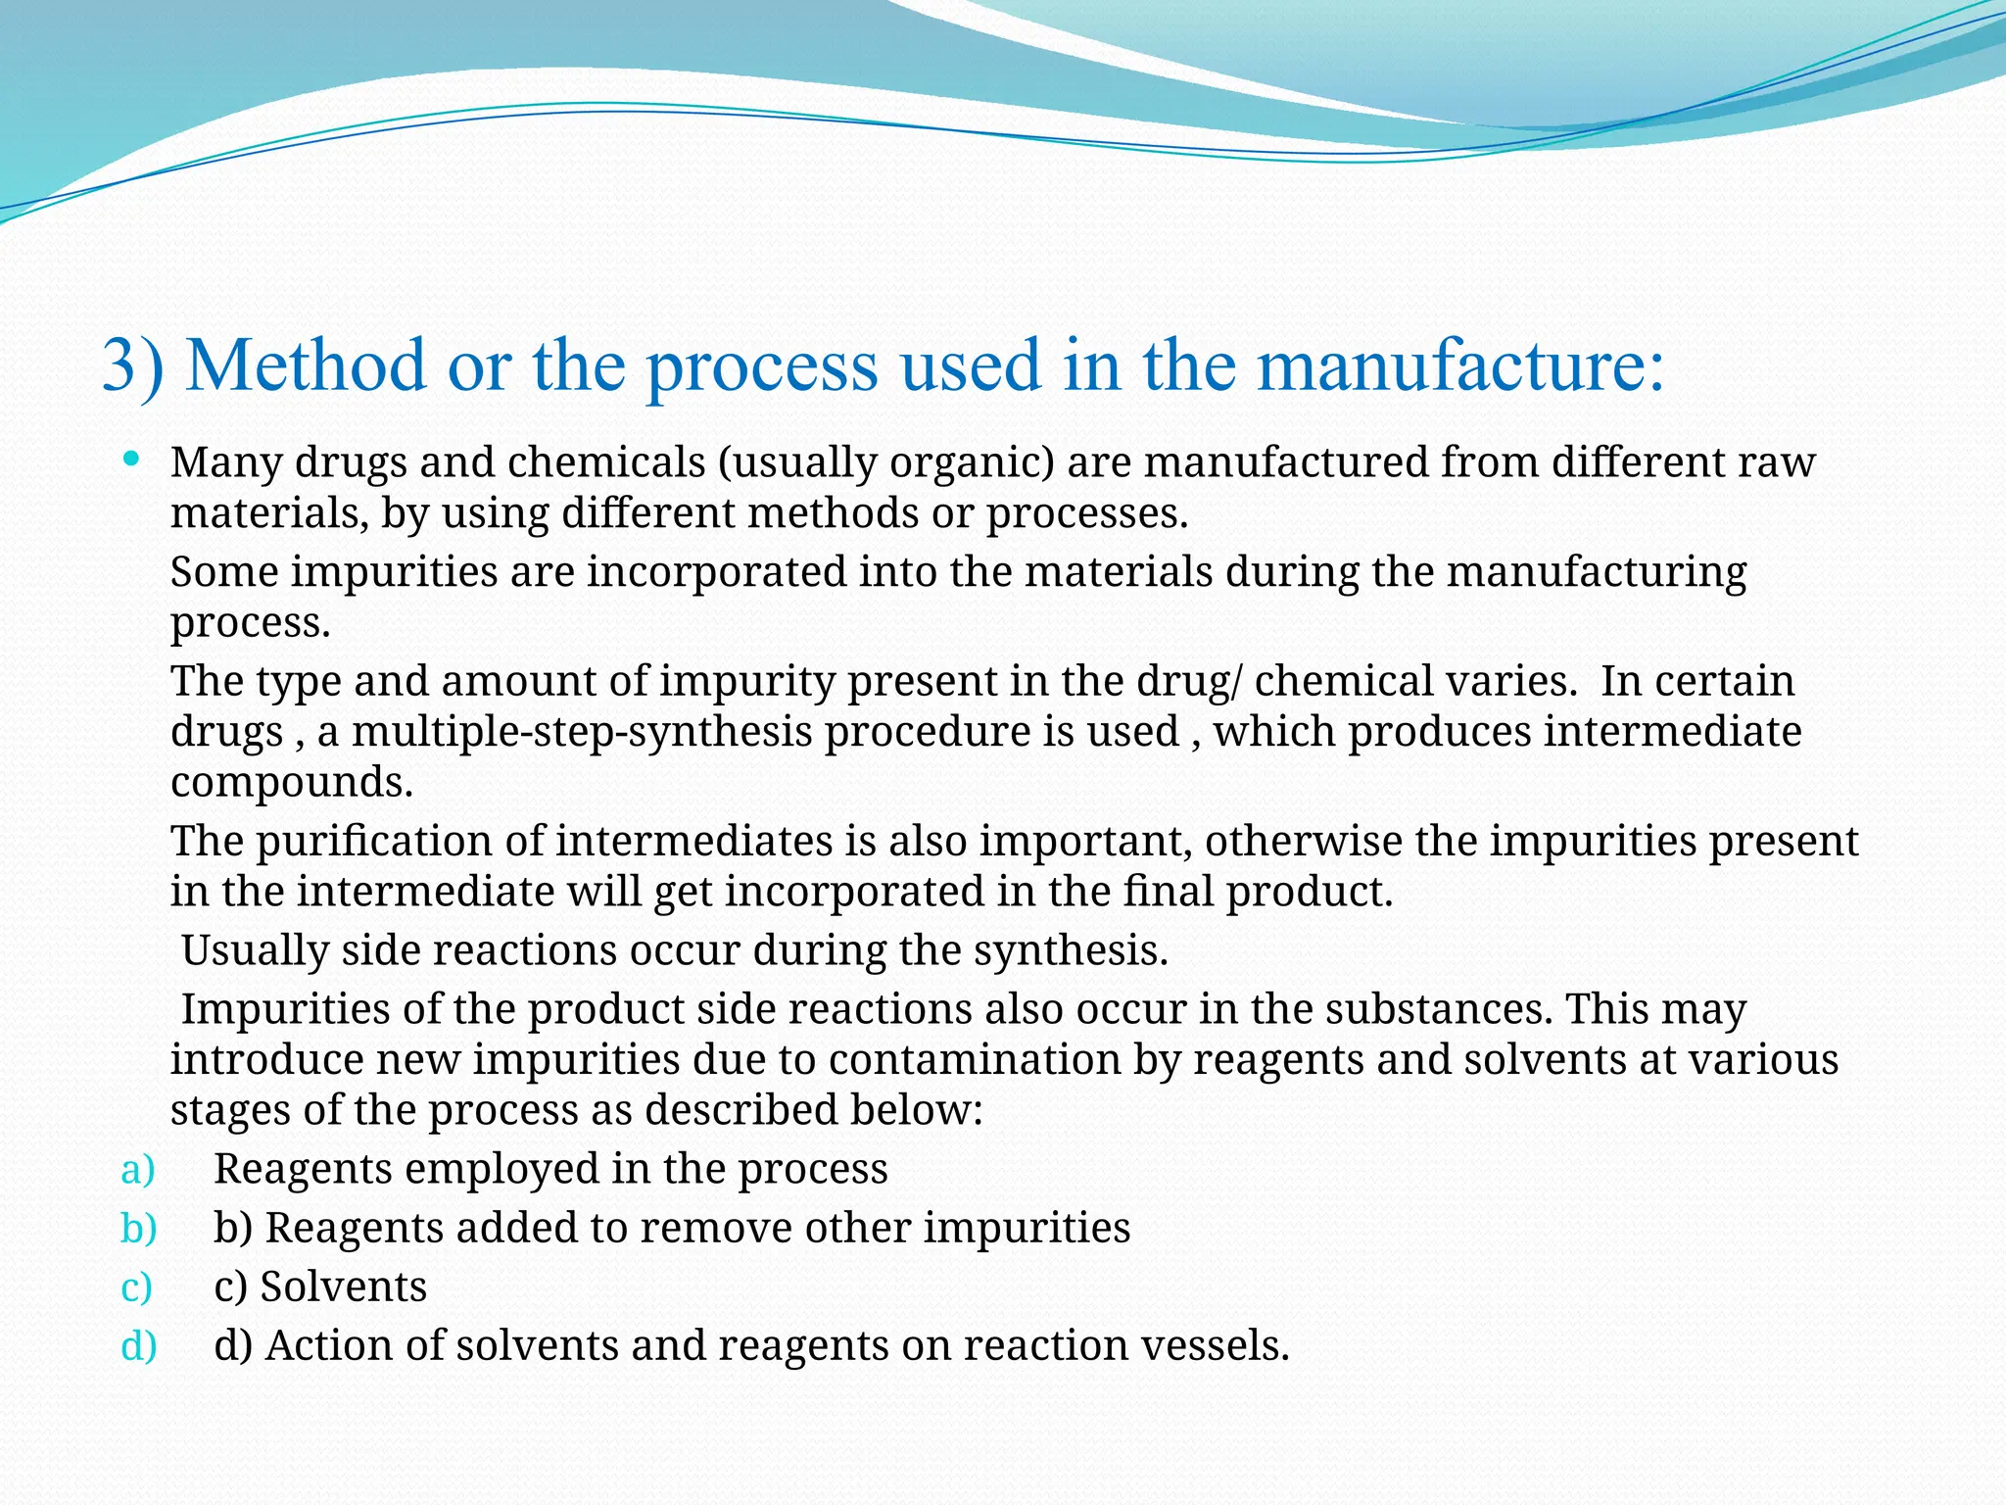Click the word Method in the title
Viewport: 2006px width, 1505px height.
[306, 365]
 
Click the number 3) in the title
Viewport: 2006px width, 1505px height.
[132, 365]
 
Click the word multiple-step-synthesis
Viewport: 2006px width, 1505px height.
[582, 731]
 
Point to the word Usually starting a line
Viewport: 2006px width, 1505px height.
[255, 950]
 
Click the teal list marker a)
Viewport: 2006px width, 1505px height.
[137, 1169]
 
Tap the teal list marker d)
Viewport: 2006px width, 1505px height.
[138, 1345]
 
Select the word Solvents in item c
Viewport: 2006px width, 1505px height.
[344, 1287]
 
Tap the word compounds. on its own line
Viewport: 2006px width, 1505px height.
[292, 782]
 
